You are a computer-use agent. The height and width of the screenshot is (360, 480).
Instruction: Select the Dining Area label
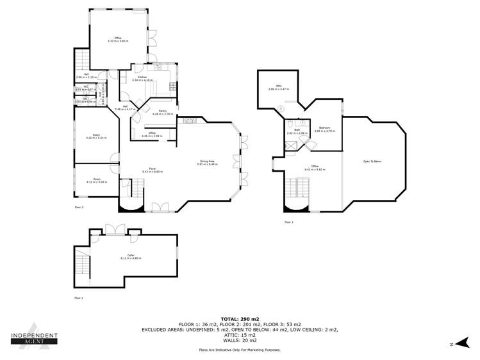tap(207, 161)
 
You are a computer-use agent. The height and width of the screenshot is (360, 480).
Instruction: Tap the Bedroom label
tap(325, 128)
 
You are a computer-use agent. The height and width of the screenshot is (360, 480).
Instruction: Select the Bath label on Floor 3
tap(297, 130)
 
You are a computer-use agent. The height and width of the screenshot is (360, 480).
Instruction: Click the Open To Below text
tap(372, 161)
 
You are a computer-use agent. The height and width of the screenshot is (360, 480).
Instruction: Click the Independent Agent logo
tap(35, 339)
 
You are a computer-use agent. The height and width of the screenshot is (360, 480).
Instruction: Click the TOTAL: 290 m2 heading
tap(240, 318)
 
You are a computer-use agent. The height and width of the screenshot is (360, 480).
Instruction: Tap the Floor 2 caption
tap(79, 208)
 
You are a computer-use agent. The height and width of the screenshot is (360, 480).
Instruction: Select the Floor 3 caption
tap(288, 222)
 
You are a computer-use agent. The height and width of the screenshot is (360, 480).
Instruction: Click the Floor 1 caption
tap(79, 298)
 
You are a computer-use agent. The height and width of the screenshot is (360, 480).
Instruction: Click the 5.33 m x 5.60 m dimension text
tap(118, 41)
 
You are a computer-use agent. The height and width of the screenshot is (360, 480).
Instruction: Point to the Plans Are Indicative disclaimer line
tap(240, 350)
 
